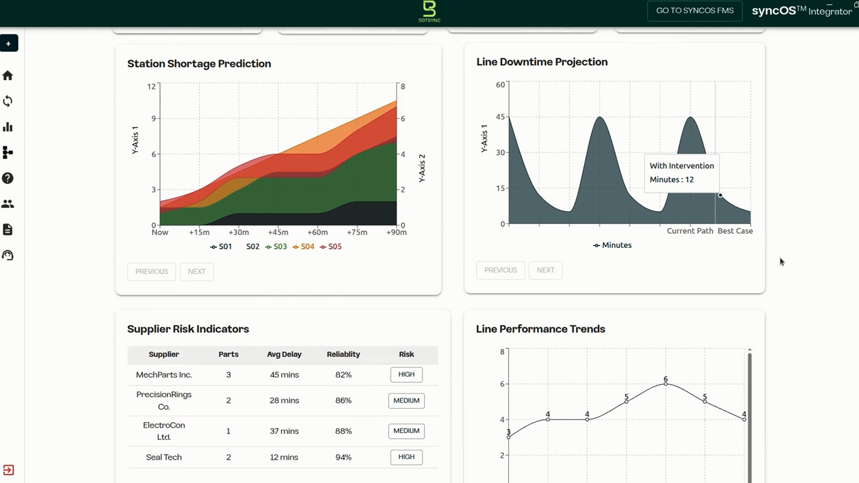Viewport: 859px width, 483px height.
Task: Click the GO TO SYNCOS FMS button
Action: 695,10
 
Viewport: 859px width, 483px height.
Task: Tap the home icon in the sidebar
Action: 7,76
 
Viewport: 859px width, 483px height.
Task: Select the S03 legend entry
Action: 276,247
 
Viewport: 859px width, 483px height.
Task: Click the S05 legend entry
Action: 330,247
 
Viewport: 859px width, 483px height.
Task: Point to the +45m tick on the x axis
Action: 278,233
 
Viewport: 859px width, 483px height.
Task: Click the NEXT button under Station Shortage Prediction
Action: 197,271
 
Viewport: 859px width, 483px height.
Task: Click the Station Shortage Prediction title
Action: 199,63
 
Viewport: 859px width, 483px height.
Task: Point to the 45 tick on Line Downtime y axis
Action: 500,116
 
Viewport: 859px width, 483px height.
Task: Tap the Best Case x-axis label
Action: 735,231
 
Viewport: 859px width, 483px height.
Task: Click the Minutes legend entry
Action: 612,245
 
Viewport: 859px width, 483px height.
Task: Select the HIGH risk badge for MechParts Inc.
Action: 407,375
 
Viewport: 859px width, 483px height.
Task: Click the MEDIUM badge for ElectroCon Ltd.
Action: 407,431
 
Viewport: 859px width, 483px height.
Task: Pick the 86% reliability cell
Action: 343,401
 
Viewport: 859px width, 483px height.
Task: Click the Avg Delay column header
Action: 284,354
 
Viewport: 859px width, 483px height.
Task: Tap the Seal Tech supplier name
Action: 164,457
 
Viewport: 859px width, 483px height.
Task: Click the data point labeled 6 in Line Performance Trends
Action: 666,384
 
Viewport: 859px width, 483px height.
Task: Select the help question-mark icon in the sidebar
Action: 7,178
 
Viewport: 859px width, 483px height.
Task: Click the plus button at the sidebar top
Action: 9,43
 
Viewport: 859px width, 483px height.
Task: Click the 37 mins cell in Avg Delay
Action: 284,431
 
